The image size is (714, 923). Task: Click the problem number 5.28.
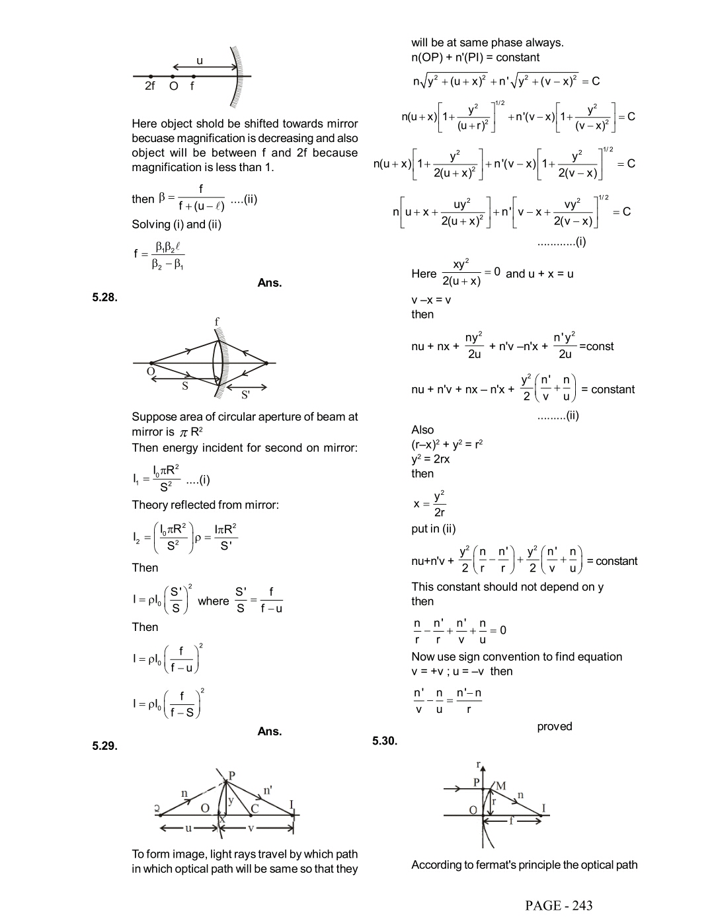(105, 297)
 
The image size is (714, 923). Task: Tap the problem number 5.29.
(105, 746)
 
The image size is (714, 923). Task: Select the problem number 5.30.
(385, 741)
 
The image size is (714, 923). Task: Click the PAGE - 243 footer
(559, 905)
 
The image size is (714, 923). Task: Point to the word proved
(554, 726)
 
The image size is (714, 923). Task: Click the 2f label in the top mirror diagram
(150, 87)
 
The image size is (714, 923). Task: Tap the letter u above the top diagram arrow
(200, 61)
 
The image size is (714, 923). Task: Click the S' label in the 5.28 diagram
(245, 395)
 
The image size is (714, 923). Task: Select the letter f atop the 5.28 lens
(216, 322)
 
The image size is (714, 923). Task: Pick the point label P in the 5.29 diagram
(232, 774)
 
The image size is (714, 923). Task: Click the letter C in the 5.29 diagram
(254, 807)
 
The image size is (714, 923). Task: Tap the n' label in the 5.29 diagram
(268, 790)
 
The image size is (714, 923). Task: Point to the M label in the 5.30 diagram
(500, 786)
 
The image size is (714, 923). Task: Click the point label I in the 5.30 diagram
(543, 808)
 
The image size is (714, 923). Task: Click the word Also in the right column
(422, 430)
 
